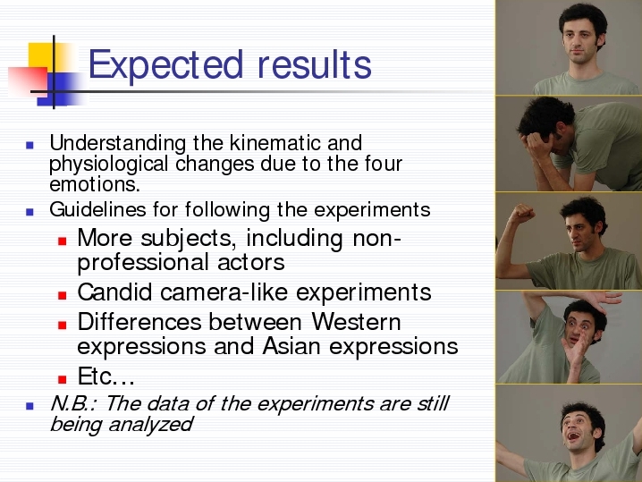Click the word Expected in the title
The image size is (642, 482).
coord(165,65)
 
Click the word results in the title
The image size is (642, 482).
coord(315,64)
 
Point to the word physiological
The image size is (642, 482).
coord(108,165)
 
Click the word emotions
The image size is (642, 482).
coord(95,185)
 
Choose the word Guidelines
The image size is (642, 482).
coord(97,209)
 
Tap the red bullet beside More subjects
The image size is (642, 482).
coord(63,241)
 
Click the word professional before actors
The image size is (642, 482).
coord(144,263)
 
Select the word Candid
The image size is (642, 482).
coord(114,292)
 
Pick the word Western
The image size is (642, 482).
coord(356,322)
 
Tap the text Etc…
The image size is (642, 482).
coord(106,376)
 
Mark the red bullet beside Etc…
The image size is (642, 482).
coord(63,379)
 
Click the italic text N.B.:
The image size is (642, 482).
coord(73,404)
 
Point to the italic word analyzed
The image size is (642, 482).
coord(150,424)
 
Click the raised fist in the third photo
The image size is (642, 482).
coord(522,214)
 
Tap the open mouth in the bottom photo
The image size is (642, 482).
coord(573,435)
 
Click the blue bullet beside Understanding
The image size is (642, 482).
coord(30,145)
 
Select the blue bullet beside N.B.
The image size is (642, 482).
coord(30,405)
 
